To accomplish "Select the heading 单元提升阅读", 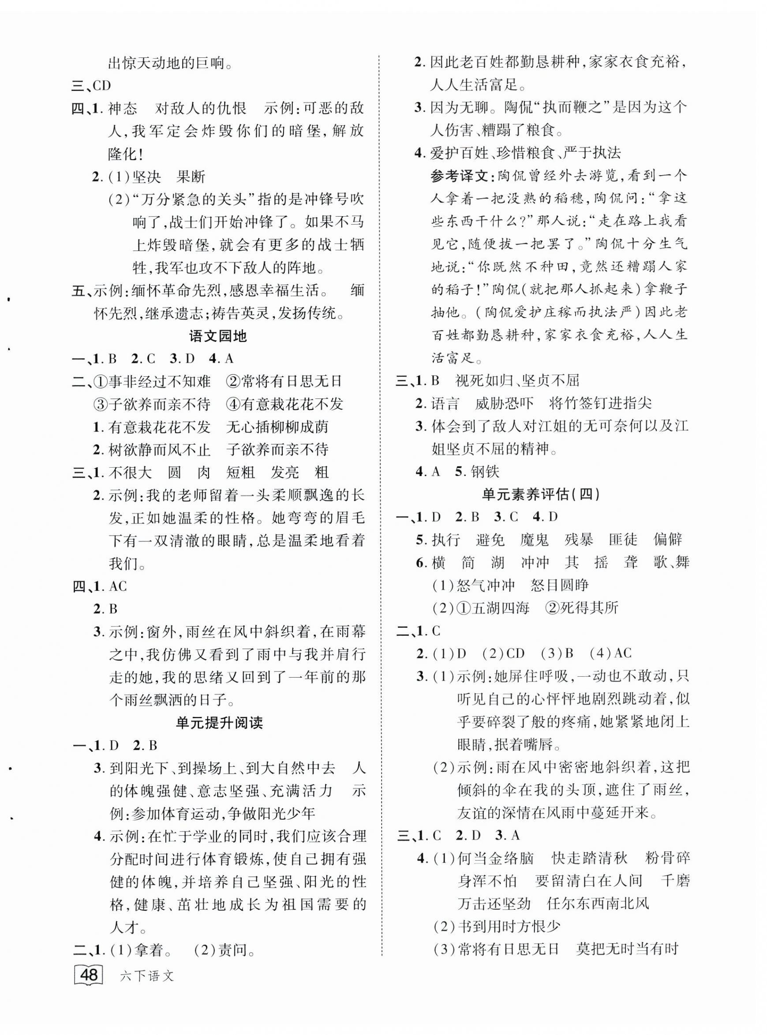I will (x=219, y=723).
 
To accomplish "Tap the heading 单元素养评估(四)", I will (x=541, y=494).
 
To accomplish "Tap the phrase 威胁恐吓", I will (x=504, y=403).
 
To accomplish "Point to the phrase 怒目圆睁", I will (x=559, y=585).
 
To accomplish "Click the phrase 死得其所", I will (x=589, y=608).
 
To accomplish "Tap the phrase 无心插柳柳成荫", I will (x=277, y=427).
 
